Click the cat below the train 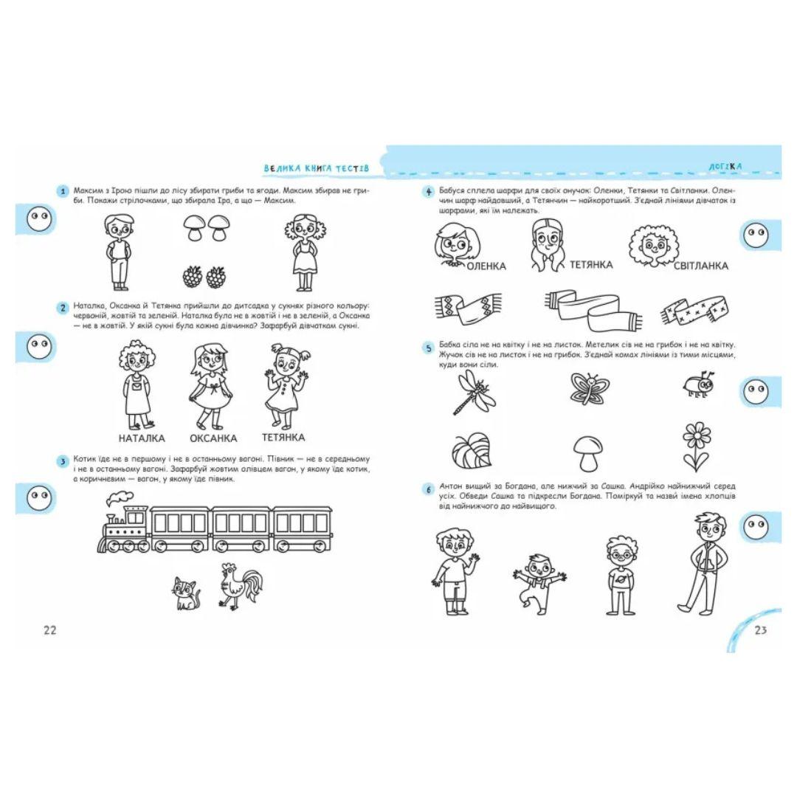click(186, 593)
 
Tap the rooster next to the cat click(241, 587)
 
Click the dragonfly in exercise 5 click(474, 392)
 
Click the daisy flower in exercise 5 click(697, 446)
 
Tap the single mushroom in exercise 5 click(588, 453)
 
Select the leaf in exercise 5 click(472, 450)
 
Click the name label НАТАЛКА click(142, 438)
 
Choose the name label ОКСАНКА click(213, 438)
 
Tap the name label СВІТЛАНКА click(700, 266)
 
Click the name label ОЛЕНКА click(486, 266)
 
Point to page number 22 click(50, 629)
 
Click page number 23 click(760, 629)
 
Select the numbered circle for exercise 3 click(63, 461)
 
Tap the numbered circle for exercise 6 click(428, 489)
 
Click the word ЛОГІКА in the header click(725, 166)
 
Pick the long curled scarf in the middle click(593, 309)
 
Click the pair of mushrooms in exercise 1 click(207, 227)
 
